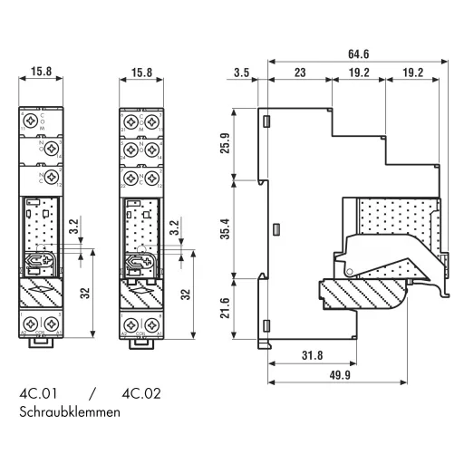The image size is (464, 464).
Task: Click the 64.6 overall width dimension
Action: point(361,53)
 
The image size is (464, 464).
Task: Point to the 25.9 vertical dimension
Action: point(225,144)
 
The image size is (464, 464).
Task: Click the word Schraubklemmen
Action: point(68,412)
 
